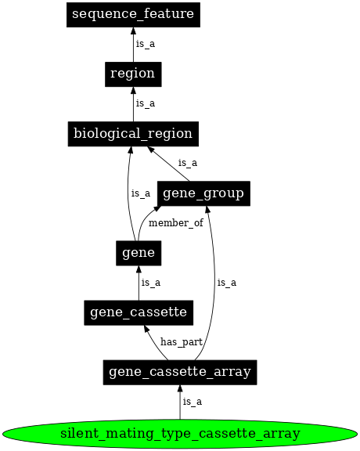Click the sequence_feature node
coord(133,14)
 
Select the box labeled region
coord(133,74)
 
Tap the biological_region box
coord(133,133)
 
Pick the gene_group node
coord(203,193)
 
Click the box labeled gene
coord(139,253)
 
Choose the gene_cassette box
coord(139,312)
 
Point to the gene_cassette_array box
coord(180,372)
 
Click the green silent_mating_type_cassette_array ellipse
coord(180,432)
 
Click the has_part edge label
coord(181,342)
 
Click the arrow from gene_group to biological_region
coord(169,164)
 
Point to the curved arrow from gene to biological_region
coord(128,196)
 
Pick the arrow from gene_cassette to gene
coord(139,283)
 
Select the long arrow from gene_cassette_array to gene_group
coord(214,282)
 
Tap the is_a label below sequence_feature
coord(145,44)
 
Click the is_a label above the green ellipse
coord(192,402)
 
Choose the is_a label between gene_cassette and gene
coord(151,283)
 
